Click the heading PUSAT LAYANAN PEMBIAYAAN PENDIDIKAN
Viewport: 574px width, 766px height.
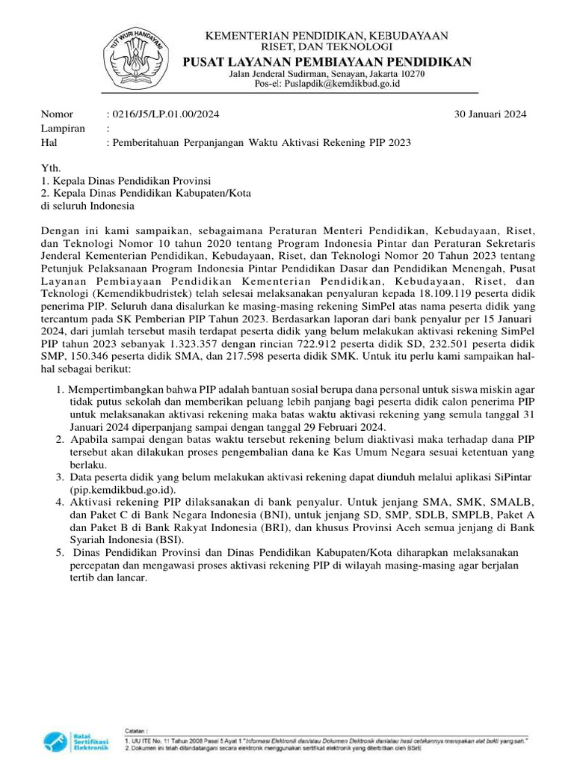[x=328, y=61]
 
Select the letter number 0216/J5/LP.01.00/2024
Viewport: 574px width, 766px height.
[x=164, y=114]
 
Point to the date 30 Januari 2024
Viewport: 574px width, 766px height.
[x=490, y=114]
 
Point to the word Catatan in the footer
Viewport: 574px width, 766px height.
[x=135, y=727]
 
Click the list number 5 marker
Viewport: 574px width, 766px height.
[x=59, y=552]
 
